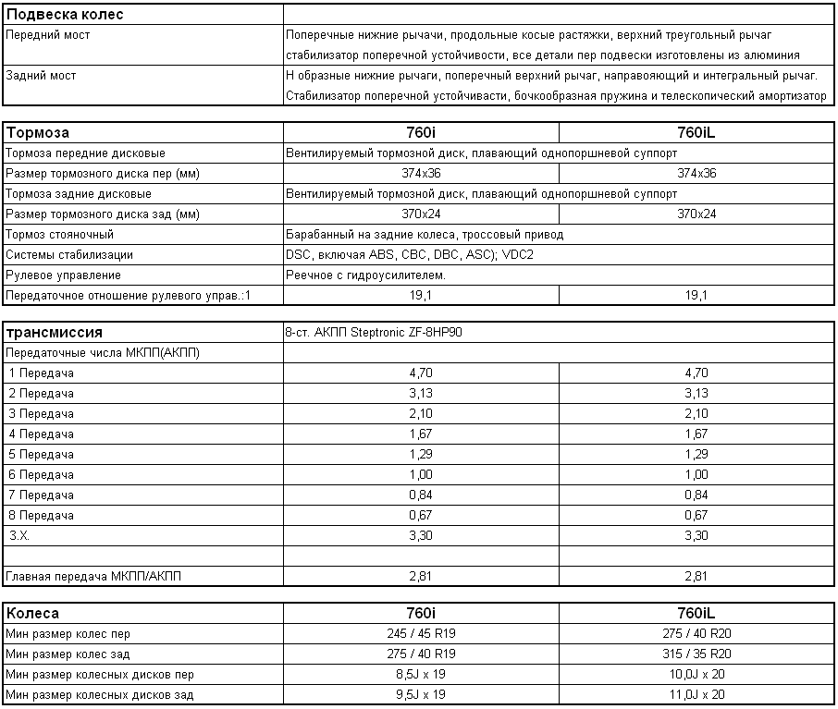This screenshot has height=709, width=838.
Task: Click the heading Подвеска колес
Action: pos(65,15)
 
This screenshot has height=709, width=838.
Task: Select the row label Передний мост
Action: pos(48,35)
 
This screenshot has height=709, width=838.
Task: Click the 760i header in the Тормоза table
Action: pos(421,133)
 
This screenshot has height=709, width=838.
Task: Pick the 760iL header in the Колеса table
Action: pos(696,613)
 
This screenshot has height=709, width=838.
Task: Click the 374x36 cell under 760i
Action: pos(421,174)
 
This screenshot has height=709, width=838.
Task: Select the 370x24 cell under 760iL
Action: pos(696,214)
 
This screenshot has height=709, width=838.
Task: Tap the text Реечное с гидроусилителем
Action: pos(366,275)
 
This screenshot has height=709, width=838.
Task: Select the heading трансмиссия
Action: pos(54,333)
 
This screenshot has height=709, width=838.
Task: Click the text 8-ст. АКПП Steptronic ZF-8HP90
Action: pos(374,333)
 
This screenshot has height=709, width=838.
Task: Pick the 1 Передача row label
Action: pos(41,373)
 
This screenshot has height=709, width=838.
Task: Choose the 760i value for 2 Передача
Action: pos(421,394)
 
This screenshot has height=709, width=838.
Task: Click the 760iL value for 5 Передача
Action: pos(696,455)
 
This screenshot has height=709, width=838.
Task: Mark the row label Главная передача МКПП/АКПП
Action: pos(94,577)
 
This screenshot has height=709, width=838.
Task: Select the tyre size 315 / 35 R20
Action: pos(696,654)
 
